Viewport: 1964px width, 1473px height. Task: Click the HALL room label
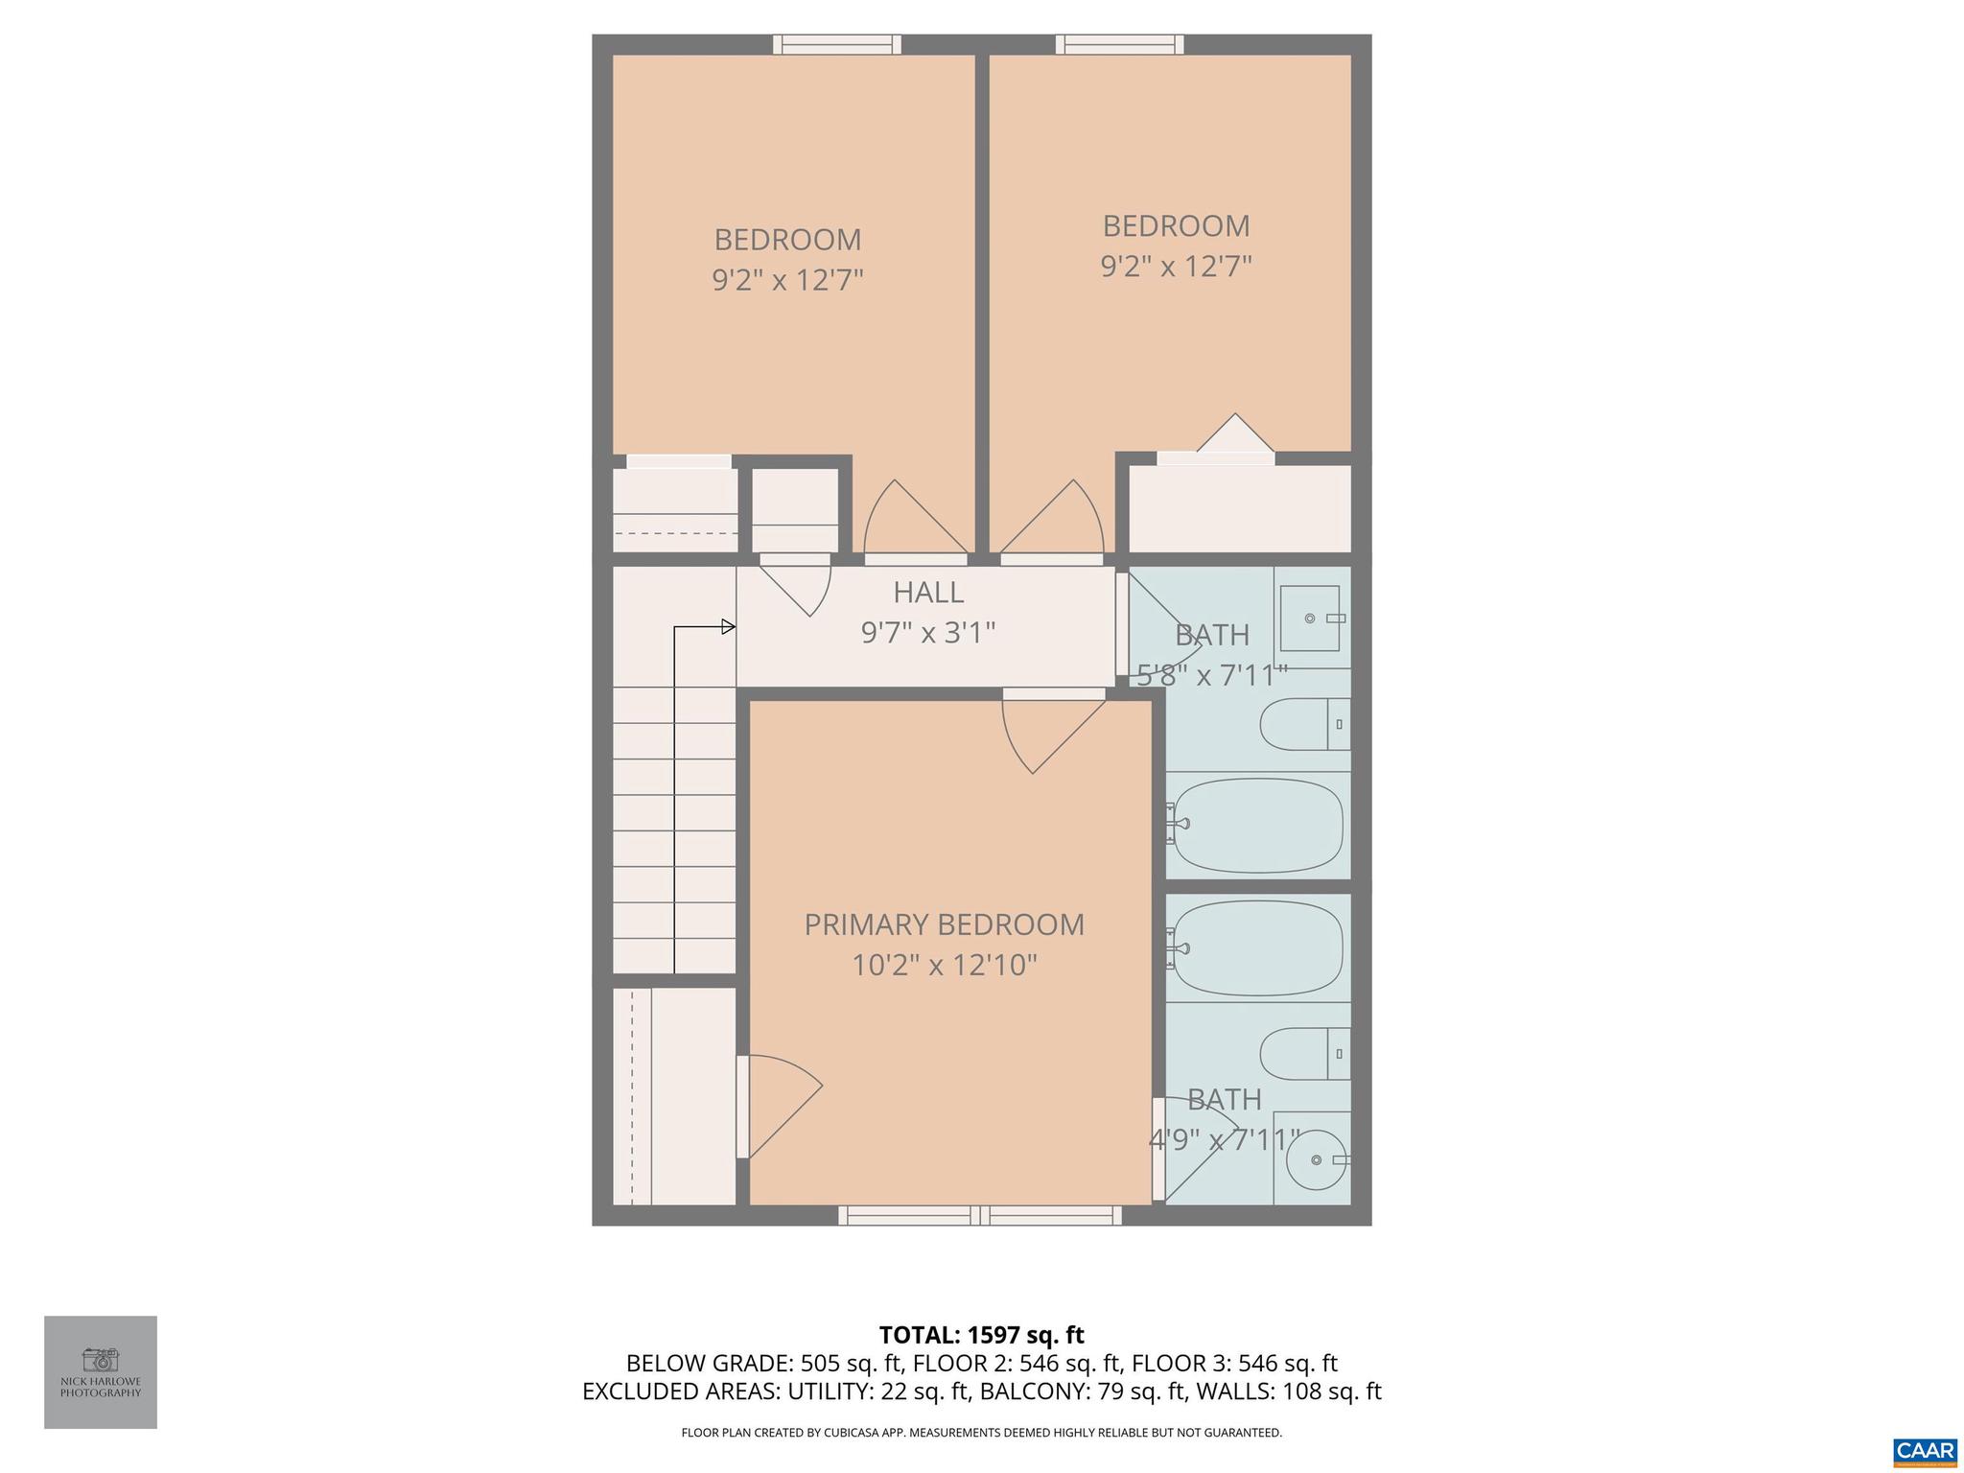click(927, 593)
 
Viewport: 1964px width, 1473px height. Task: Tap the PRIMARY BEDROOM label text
click(944, 924)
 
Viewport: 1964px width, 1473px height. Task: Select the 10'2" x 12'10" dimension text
click(944, 965)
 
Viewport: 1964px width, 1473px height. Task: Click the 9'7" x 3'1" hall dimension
click(927, 633)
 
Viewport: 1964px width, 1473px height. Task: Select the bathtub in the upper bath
click(1256, 825)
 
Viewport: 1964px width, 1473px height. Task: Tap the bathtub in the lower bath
click(1256, 948)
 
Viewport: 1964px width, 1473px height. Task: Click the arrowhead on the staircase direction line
click(729, 627)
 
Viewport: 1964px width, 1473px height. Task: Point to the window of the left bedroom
click(837, 44)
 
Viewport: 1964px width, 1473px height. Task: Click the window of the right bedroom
click(1119, 44)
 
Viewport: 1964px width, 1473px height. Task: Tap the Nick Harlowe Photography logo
click(101, 1372)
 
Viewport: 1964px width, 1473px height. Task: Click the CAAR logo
click(1926, 1450)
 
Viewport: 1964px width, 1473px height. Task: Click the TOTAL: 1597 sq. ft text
click(981, 1335)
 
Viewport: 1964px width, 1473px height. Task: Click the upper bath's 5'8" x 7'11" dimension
click(1212, 675)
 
